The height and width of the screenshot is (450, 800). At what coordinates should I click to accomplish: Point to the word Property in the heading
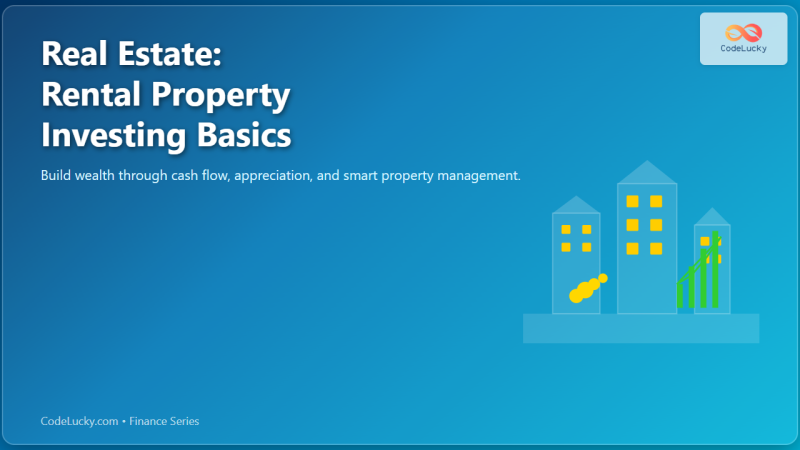tap(227, 95)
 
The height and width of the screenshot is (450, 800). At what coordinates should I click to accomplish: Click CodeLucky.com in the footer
tap(79, 422)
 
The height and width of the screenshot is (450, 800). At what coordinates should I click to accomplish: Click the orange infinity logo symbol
tap(744, 33)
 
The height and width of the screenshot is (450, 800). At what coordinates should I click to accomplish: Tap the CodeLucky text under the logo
tap(744, 48)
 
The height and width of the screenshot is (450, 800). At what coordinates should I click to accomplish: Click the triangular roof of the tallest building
tap(647, 172)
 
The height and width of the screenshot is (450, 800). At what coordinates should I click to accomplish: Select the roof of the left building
tap(576, 204)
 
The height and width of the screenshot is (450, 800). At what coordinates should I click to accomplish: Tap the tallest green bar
tap(716, 270)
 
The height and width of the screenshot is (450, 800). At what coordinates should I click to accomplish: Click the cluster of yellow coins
tap(588, 288)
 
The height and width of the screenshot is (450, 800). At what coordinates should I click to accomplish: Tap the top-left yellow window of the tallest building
tap(632, 201)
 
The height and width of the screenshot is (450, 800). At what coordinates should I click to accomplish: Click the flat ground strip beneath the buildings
tap(641, 328)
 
